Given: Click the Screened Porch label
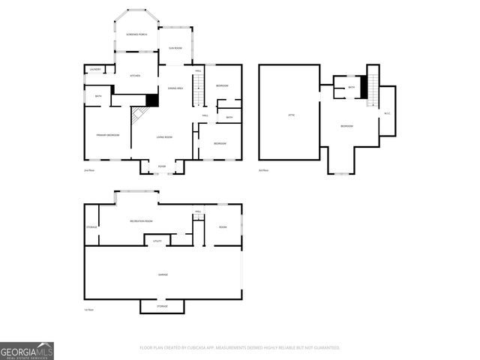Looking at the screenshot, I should pyautogui.click(x=136, y=34).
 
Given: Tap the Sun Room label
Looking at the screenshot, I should pyautogui.click(x=175, y=48).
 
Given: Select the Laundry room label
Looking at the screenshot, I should pyautogui.click(x=95, y=70).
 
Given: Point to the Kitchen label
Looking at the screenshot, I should pyautogui.click(x=136, y=76).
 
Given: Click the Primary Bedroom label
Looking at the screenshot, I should pyautogui.click(x=107, y=135).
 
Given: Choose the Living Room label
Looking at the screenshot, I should pyautogui.click(x=164, y=137).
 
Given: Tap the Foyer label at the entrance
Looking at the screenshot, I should pyautogui.click(x=162, y=166).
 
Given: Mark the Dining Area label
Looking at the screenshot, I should pyautogui.click(x=175, y=88).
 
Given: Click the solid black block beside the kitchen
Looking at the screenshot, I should pyautogui.click(x=152, y=99).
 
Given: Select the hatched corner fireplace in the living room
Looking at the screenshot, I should pyautogui.click(x=139, y=115).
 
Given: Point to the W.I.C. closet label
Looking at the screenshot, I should pyautogui.click(x=387, y=113).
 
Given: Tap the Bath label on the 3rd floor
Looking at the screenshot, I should pyautogui.click(x=351, y=88).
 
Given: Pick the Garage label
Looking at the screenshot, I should pyautogui.click(x=163, y=274).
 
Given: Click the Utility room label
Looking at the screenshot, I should pyautogui.click(x=157, y=241).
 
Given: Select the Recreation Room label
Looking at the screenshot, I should pyautogui.click(x=142, y=221).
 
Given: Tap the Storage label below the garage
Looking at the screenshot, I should pyautogui.click(x=162, y=306).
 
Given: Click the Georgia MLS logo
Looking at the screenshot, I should pyautogui.click(x=27, y=351).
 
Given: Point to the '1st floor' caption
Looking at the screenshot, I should pyautogui.click(x=88, y=310).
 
